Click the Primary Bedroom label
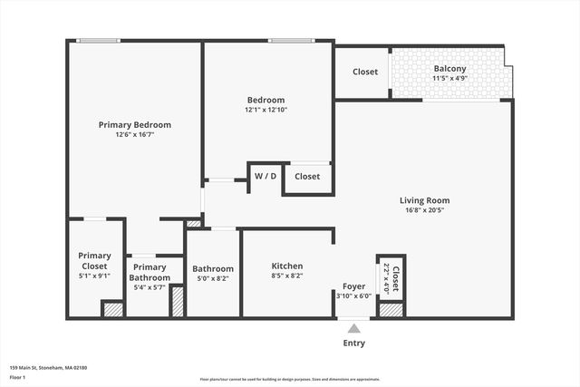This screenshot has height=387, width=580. click(134, 125)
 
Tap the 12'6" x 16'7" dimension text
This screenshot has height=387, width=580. click(134, 135)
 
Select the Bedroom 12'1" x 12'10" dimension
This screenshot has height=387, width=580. click(266, 110)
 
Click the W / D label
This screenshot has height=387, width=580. click(266, 176)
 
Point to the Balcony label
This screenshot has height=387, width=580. click(449, 69)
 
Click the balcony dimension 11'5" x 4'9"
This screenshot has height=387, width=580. click(449, 79)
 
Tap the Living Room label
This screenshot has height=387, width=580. click(424, 200)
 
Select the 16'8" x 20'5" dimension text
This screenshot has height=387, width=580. click(424, 210)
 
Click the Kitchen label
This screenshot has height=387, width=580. click(287, 266)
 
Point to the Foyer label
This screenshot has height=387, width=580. click(353, 285)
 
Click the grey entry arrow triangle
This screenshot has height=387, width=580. click(353, 327)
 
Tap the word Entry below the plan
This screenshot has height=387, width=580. click(353, 343)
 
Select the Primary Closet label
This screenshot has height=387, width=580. click(94, 261)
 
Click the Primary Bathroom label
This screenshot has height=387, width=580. click(150, 272)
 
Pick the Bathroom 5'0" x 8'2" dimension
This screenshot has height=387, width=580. click(213, 279)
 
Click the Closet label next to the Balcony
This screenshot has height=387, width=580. click(365, 72)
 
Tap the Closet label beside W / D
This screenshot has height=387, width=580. click(307, 176)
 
